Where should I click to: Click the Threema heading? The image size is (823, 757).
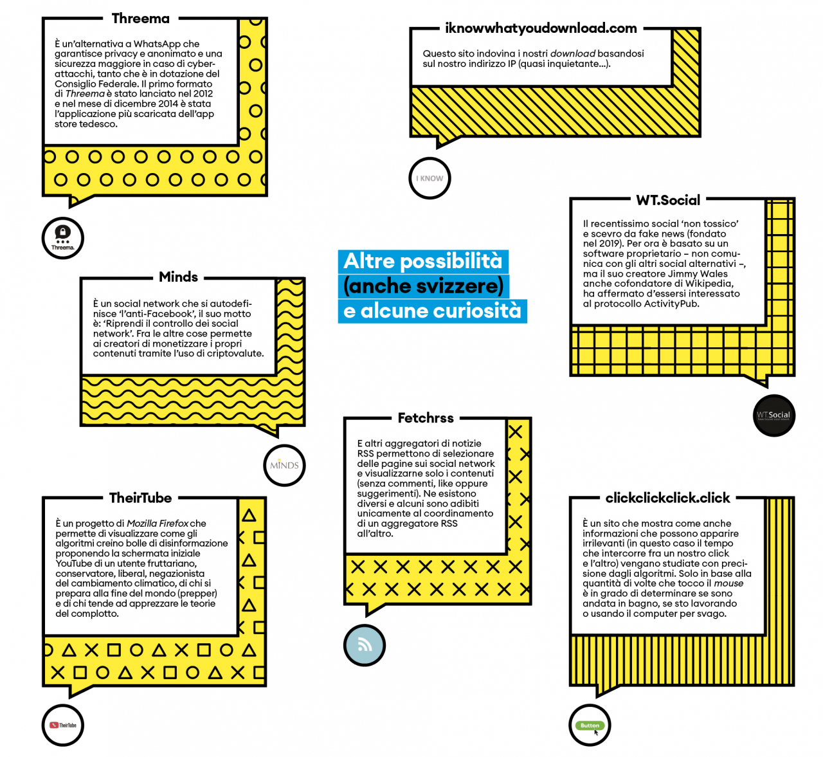(x=140, y=19)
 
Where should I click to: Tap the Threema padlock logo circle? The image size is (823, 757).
(x=63, y=238)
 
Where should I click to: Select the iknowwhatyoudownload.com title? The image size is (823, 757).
(x=541, y=28)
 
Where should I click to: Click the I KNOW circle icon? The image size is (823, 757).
(x=430, y=178)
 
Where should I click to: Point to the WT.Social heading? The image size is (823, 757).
(x=668, y=200)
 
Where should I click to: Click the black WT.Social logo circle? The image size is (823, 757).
(x=773, y=415)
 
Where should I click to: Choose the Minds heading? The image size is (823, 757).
(x=178, y=277)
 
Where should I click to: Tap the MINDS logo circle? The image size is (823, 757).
(x=284, y=465)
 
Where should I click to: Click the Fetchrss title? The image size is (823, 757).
(x=426, y=418)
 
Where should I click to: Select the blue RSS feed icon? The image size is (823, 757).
(x=365, y=645)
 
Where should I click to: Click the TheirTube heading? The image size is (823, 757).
(x=140, y=498)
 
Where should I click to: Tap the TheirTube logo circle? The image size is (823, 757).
(x=63, y=725)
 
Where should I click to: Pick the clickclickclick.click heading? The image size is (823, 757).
(x=667, y=498)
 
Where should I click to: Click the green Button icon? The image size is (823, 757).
(x=590, y=725)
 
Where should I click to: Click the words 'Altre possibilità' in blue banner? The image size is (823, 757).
(x=422, y=261)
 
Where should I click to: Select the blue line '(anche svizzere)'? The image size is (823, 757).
(x=423, y=286)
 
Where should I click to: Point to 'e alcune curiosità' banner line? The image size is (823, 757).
(x=432, y=311)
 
